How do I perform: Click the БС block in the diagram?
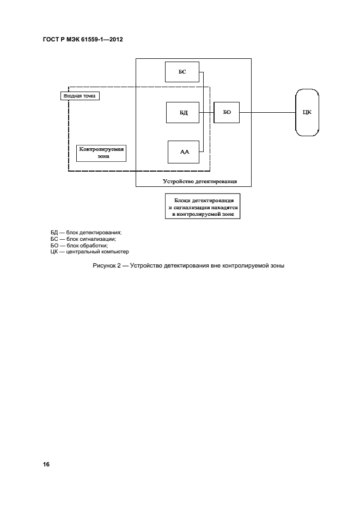pos(182,72)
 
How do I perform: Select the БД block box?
pos(183,112)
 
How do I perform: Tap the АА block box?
pos(184,151)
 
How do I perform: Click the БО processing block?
pos(227,112)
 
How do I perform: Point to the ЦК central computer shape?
pos(307,112)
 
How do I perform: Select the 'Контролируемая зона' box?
pos(101,152)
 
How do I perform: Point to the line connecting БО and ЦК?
pos(267,112)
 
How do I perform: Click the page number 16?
pos(46,464)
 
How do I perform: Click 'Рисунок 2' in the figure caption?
pos(108,266)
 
